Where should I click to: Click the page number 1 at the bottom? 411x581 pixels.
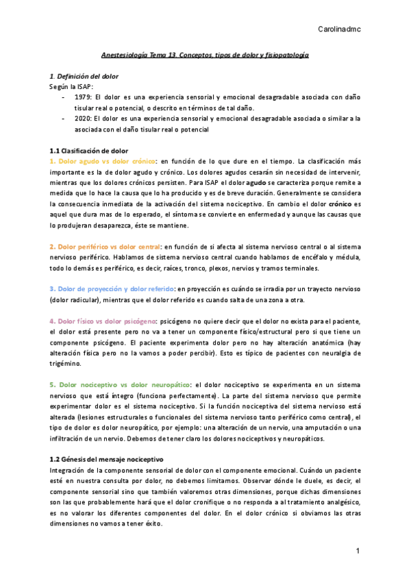tap(358, 551)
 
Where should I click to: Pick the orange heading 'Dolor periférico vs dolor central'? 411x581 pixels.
tap(106, 246)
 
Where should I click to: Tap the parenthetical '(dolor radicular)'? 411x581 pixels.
tap(75, 299)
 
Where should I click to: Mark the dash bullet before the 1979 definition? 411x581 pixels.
tap(64, 97)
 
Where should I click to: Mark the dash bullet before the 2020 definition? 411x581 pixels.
tap(64, 119)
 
